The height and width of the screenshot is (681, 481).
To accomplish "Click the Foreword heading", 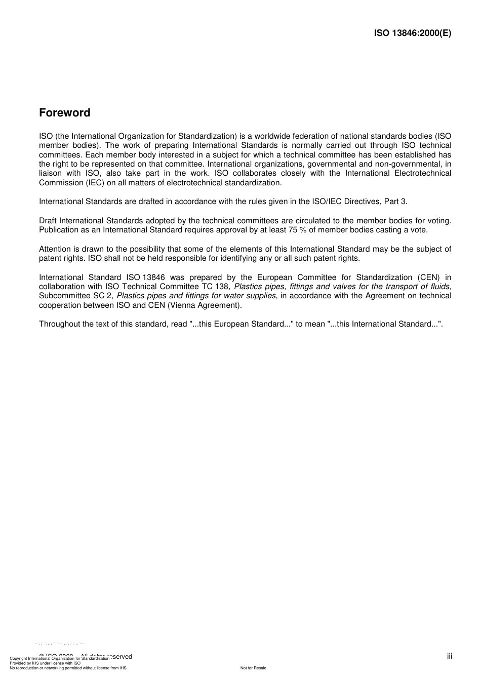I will (65, 113).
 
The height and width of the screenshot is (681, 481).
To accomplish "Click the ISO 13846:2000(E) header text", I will (412, 33).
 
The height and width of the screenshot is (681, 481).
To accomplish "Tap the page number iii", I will (450, 656).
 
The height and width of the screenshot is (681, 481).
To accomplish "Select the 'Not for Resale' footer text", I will (253, 668).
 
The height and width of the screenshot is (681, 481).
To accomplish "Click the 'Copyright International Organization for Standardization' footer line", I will (60, 658).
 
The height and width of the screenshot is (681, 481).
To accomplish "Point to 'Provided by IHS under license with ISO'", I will (45, 663).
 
